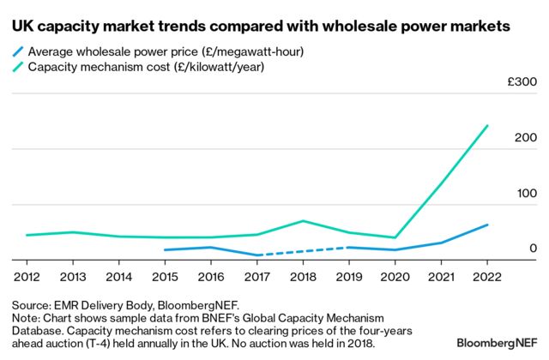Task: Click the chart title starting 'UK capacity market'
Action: [261, 27]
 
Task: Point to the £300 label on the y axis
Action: [521, 82]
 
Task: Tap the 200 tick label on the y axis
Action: [525, 138]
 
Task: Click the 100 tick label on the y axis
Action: [525, 193]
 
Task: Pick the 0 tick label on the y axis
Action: [532, 248]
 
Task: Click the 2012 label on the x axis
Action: [26, 277]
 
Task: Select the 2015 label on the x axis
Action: [164, 277]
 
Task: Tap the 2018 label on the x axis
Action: [302, 277]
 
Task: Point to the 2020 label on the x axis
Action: [395, 277]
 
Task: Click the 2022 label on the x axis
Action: [486, 277]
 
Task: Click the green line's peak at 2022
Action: [486, 126]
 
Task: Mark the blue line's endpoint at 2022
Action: [486, 225]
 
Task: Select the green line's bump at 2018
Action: [302, 221]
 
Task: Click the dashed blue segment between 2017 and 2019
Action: [302, 251]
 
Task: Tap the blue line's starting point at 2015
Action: [165, 250]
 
